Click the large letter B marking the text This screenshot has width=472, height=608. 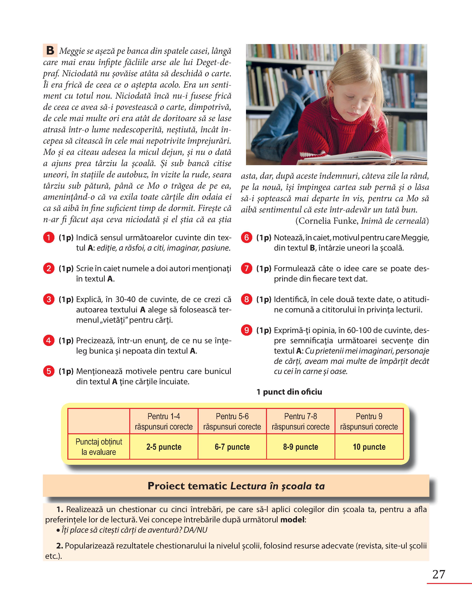(50, 51)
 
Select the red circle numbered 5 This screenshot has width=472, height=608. (49, 371)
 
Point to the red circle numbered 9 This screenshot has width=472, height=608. (246, 330)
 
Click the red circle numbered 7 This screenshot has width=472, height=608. (246, 268)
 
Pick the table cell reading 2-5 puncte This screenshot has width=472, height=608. (164, 447)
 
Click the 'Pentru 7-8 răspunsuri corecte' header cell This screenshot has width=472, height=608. (300, 421)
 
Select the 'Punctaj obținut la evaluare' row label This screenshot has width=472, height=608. (99, 447)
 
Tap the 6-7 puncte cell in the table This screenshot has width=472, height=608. (232, 447)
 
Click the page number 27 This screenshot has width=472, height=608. (439, 574)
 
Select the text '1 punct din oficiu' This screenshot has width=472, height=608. (289, 392)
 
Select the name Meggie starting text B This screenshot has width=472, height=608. (72, 51)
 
